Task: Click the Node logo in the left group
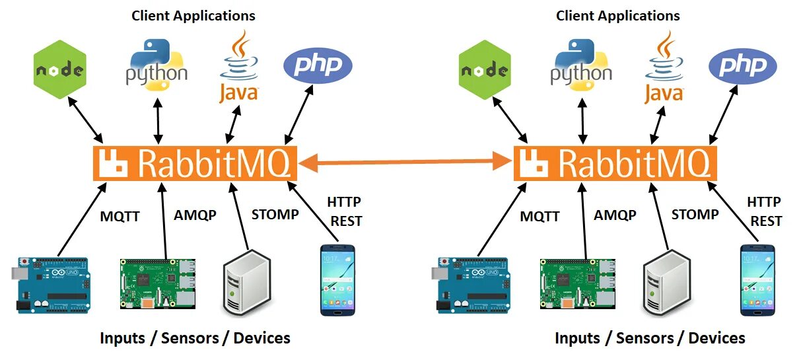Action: point(60,69)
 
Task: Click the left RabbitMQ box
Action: point(195,162)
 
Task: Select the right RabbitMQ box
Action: point(615,162)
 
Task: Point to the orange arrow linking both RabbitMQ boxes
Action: point(405,161)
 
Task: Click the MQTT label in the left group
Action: point(120,216)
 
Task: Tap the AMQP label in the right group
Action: point(615,215)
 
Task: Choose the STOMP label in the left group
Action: point(275,214)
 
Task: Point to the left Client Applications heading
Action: point(193,16)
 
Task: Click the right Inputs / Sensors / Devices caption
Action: point(650,338)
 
